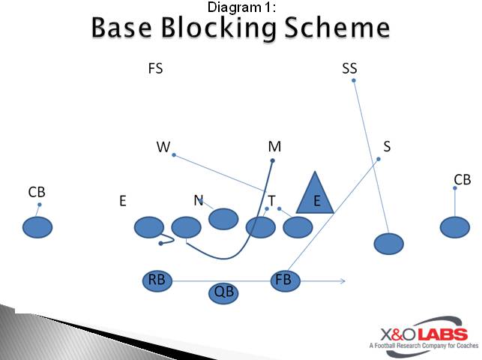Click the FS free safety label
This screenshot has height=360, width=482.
point(155,69)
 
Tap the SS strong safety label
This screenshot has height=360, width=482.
point(349,69)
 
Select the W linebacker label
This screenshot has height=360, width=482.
point(163,147)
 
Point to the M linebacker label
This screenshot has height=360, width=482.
point(274,147)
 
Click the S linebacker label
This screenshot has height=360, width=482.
point(387,147)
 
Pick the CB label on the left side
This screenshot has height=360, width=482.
point(37,193)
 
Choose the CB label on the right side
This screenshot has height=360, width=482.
point(462,180)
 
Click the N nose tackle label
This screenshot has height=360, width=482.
point(198,200)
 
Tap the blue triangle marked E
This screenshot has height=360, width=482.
point(315,196)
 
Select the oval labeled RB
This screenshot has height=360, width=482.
point(157,280)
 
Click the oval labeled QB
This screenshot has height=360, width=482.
point(223,292)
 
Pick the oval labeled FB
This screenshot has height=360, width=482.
point(285,280)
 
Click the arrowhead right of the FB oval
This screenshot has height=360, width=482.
point(342,281)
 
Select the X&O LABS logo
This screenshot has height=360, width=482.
point(418,334)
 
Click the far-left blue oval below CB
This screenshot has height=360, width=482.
point(37,226)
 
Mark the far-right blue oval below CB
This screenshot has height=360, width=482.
point(454,226)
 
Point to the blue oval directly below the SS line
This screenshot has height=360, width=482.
point(388,244)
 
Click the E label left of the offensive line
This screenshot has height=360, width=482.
point(122,201)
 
